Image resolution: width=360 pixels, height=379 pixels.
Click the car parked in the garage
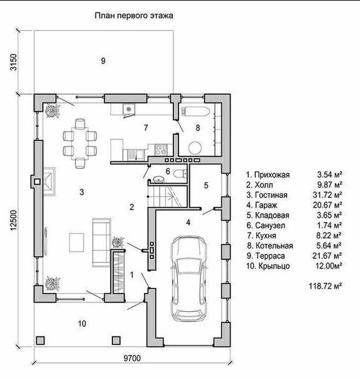point(188,279)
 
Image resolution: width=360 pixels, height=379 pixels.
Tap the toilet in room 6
point(180,173)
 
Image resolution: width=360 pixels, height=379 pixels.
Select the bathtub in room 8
point(195,112)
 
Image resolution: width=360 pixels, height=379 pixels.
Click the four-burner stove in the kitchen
point(161,149)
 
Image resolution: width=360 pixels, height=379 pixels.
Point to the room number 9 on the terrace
point(103,61)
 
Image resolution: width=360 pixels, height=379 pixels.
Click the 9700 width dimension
point(132,358)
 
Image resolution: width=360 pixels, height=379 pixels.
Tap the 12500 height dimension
point(14,220)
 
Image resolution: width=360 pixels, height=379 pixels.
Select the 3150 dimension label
point(14,62)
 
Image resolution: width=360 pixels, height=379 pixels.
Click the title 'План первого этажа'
point(134,16)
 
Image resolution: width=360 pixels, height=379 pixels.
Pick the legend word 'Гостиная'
point(271,195)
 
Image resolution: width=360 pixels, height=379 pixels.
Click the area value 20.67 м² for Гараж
point(327,205)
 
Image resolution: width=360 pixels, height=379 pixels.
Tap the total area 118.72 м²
point(325,286)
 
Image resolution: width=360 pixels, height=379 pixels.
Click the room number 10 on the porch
point(82,323)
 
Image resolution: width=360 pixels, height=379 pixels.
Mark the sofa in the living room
point(102,242)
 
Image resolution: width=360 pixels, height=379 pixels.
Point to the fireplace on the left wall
point(48,181)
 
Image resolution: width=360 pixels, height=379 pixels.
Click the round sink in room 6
point(159,179)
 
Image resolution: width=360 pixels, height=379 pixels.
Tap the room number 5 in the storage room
point(206,185)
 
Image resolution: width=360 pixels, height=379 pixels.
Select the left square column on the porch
point(40,341)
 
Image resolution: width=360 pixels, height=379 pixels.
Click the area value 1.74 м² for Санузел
point(329,225)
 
